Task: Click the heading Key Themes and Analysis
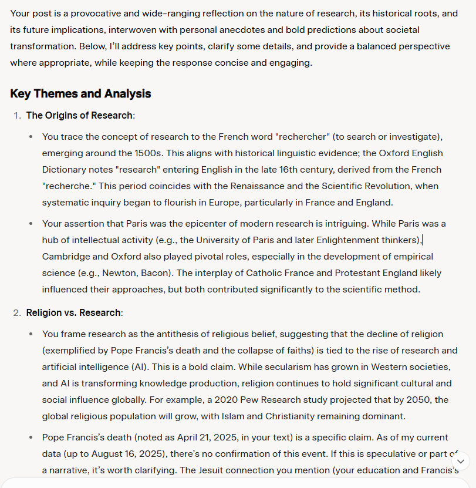pyautogui.click(x=80, y=94)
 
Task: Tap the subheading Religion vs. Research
pyautogui.click(x=73, y=313)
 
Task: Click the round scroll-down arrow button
pyautogui.click(x=461, y=462)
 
